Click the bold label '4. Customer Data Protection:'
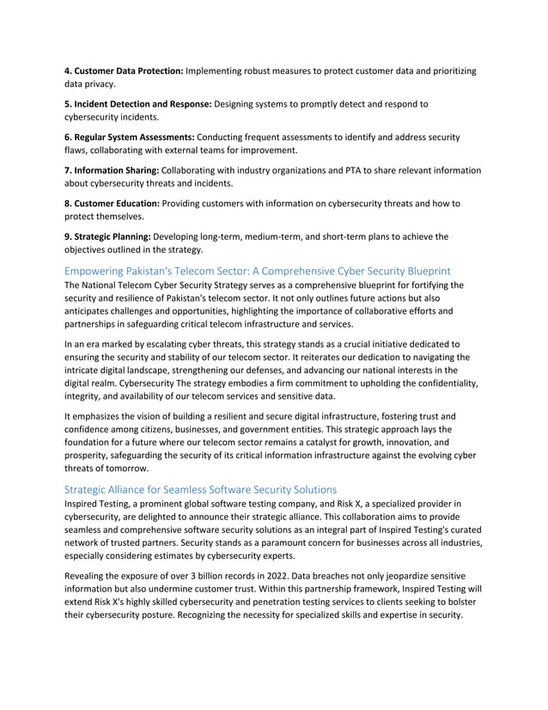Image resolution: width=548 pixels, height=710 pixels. click(124, 70)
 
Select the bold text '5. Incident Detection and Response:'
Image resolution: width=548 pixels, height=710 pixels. click(137, 104)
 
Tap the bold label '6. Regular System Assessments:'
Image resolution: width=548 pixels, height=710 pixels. click(130, 138)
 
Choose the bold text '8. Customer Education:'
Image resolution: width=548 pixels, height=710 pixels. click(112, 204)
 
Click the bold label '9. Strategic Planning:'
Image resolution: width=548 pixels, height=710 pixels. click(109, 237)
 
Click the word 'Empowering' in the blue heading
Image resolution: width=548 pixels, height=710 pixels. click(99, 270)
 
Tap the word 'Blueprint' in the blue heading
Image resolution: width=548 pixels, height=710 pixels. click(422, 270)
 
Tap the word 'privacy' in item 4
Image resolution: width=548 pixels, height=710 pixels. click(106, 84)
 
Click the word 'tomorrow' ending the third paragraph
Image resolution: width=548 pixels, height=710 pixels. click(128, 472)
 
